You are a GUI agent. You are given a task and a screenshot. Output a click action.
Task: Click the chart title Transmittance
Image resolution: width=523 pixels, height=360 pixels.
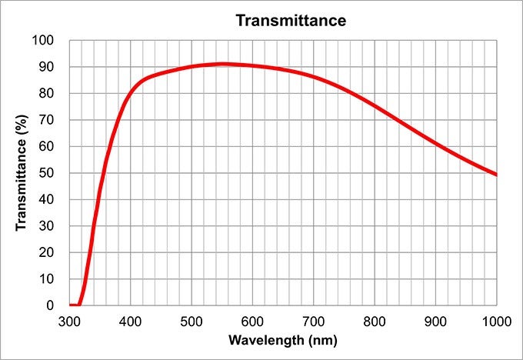point(291,20)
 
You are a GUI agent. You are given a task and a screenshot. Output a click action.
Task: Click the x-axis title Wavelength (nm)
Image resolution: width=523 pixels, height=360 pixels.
point(281,339)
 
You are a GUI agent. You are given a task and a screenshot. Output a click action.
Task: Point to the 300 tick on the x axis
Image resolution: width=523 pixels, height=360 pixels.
point(69,319)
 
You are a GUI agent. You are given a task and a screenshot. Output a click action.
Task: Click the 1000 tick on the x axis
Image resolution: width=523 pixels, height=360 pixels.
point(496,319)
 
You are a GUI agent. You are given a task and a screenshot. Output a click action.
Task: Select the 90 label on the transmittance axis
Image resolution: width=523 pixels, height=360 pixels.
point(47,67)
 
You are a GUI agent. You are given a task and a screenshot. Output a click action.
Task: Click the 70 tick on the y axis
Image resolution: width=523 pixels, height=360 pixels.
point(47,120)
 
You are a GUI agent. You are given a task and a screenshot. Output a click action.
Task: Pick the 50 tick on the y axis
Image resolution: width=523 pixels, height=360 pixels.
point(47,173)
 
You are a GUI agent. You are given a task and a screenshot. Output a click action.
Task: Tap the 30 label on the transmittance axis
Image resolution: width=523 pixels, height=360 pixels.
point(47,226)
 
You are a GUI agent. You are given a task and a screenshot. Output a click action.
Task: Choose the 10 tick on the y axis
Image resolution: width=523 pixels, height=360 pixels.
point(47,279)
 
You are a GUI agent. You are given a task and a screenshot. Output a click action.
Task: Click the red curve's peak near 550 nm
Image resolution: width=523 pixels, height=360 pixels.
point(222,64)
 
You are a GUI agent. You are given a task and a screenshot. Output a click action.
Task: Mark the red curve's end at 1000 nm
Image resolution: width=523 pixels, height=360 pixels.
point(496,175)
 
